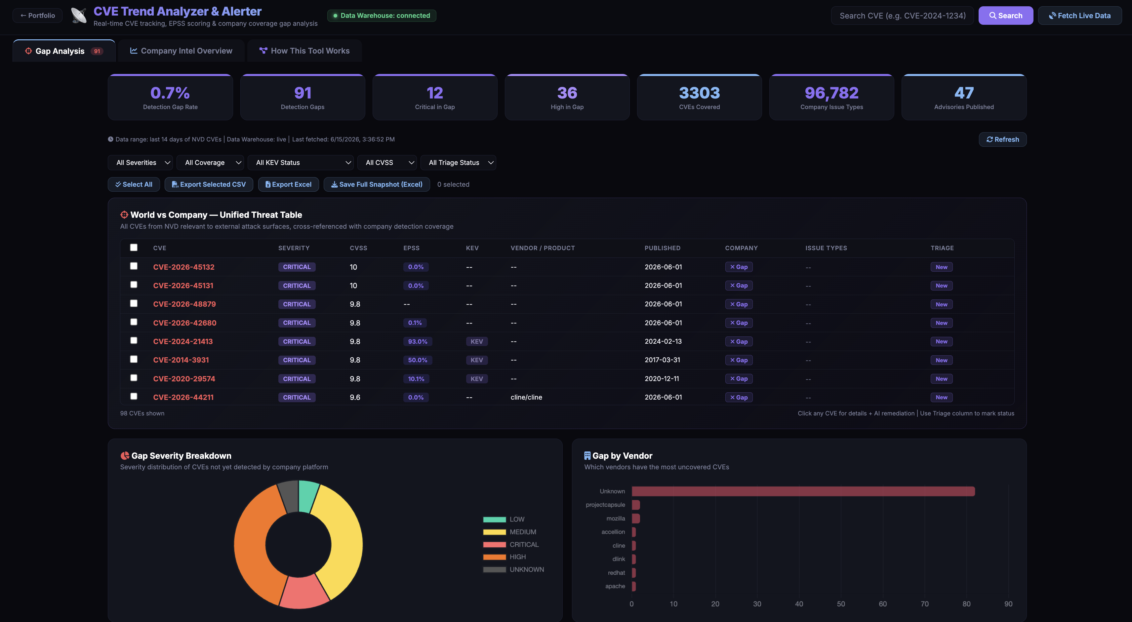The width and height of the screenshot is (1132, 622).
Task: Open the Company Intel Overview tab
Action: coord(181,51)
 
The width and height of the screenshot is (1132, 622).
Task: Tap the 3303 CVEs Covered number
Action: coord(699,93)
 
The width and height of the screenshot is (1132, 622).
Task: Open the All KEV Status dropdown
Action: coord(301,163)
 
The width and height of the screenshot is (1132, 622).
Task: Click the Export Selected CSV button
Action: coord(209,184)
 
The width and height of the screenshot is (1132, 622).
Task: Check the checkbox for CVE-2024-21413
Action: coord(134,340)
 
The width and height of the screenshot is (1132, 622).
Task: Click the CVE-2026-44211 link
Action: coord(183,397)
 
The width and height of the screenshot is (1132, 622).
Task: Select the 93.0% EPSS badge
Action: coord(418,341)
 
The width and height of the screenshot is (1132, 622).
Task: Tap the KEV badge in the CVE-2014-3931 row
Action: coord(477,360)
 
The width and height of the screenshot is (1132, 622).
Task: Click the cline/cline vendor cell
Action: coord(526,397)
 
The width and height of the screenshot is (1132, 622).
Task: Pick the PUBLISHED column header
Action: coord(662,248)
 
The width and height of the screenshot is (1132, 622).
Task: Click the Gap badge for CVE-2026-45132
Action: coord(739,267)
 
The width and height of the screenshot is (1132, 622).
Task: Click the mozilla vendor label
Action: coord(616,518)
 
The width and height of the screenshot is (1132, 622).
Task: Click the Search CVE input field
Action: coord(902,16)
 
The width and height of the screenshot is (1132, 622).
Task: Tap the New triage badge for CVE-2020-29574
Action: coord(941,379)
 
